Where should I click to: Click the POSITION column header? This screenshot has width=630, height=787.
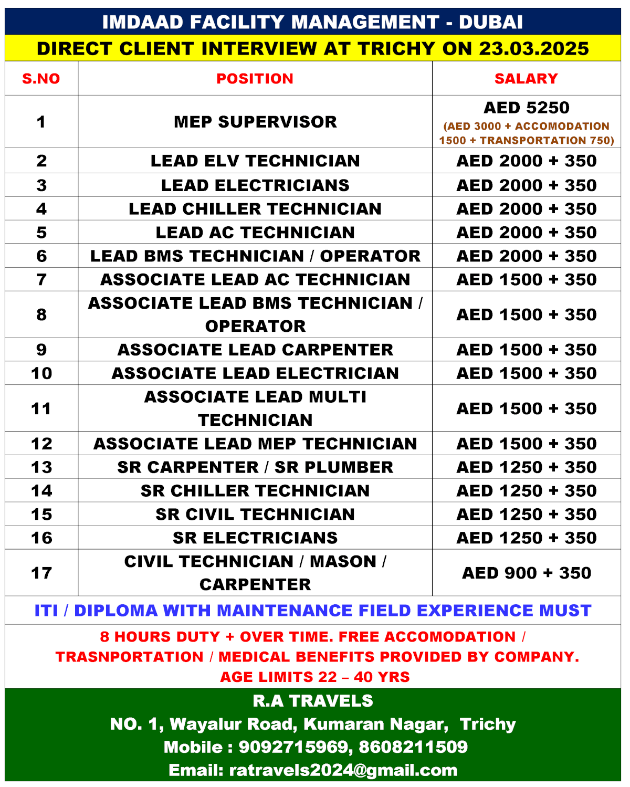(255, 79)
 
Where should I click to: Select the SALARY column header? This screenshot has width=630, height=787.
(526, 79)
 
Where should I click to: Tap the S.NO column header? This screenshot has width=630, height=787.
(41, 79)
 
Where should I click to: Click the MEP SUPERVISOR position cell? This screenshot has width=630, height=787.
(255, 122)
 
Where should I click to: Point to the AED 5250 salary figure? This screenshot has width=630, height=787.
(526, 108)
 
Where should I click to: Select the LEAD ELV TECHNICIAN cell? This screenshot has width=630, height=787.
(255, 161)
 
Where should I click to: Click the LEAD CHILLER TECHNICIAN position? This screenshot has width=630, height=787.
(255, 209)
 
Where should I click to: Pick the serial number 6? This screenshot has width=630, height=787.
(41, 256)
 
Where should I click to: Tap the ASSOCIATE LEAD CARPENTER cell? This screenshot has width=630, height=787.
(255, 350)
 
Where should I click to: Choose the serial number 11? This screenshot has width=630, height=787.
(41, 408)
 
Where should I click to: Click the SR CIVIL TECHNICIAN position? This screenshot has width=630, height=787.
(255, 515)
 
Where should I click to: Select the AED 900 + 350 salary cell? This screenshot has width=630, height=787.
(526, 573)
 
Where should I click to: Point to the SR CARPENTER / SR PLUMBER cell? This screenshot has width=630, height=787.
(255, 467)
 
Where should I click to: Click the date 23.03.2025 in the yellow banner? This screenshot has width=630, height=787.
(534, 49)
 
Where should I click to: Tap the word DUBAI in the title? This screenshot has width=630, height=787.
(491, 23)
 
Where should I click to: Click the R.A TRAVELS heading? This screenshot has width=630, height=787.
(313, 701)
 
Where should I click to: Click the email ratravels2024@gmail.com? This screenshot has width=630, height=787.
(343, 770)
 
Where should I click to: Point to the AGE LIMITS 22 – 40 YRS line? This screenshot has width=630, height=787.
(314, 677)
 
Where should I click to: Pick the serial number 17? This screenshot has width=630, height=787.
(41, 573)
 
